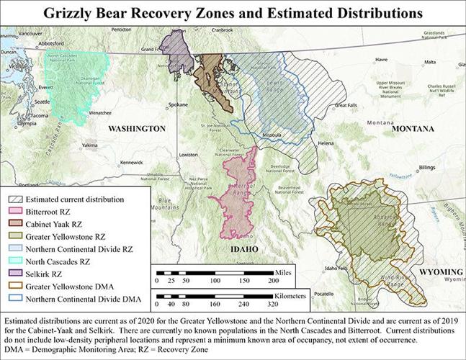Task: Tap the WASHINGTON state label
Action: click(x=137, y=128)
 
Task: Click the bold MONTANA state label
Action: click(x=413, y=128)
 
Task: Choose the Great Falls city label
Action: click(x=346, y=105)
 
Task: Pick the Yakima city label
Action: click(x=90, y=145)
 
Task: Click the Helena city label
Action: click(x=326, y=143)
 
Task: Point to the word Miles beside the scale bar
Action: click(x=284, y=274)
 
